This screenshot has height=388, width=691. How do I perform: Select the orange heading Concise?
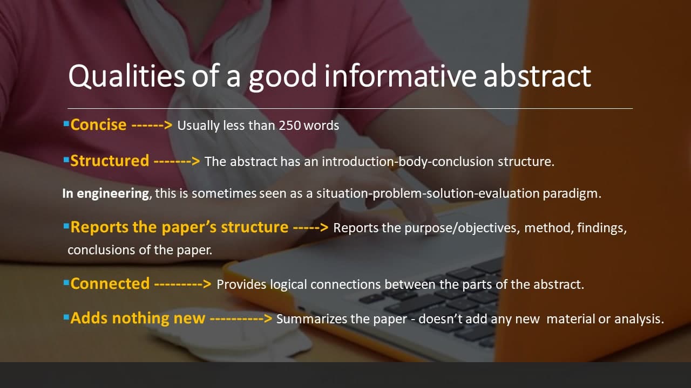99,125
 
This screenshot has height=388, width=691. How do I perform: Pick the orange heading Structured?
110,161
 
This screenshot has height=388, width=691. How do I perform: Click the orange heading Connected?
110,283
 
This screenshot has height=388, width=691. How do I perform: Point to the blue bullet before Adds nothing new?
66,317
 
